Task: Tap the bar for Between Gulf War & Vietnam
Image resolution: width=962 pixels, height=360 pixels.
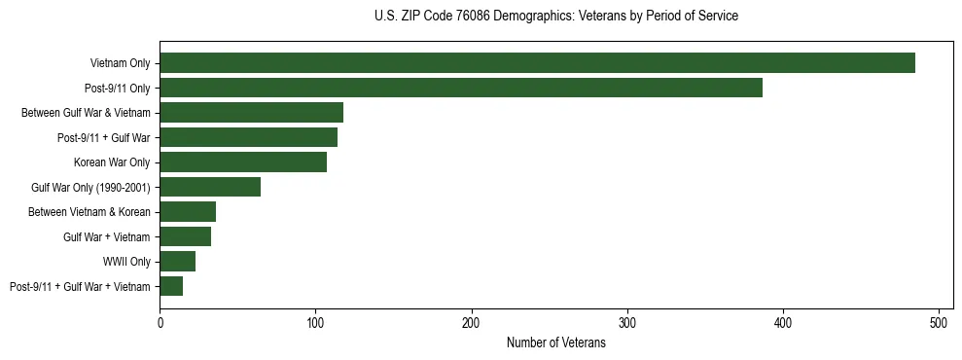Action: click(x=252, y=113)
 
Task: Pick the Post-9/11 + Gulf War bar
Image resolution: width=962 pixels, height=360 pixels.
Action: click(x=249, y=137)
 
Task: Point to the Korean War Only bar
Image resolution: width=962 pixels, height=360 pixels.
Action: click(x=243, y=162)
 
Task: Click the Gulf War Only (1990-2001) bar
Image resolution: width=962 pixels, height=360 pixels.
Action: click(x=210, y=187)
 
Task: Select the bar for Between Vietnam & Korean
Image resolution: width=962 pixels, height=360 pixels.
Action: click(x=188, y=211)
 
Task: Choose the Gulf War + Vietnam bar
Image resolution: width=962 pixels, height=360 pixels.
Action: click(x=186, y=236)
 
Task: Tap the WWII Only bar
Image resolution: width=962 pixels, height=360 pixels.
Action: click(x=178, y=261)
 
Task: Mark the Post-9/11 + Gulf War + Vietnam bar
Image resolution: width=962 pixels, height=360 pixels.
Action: click(x=171, y=286)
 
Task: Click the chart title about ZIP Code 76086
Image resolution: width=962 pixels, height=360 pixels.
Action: click(x=555, y=17)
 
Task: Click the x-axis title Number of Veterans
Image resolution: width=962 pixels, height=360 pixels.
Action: click(x=555, y=343)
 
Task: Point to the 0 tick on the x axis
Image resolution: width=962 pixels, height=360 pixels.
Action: click(x=160, y=322)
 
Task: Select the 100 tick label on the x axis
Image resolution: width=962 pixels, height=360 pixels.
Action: click(x=316, y=322)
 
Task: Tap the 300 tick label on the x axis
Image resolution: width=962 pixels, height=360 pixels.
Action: click(x=627, y=322)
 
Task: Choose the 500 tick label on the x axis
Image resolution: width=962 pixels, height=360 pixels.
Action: click(x=939, y=322)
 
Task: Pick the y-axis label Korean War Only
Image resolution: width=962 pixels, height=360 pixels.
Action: click(x=112, y=162)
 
